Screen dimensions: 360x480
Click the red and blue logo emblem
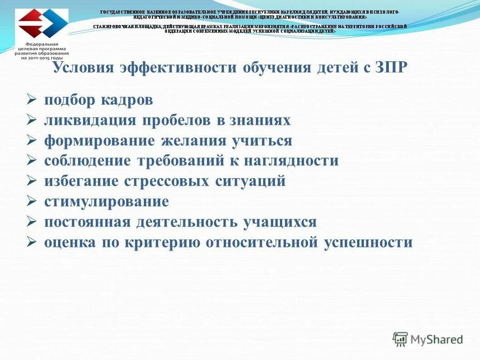[42, 25]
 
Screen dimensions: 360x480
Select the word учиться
[262, 141]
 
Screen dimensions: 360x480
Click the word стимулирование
[106, 201]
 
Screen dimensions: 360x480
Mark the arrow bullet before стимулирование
[31, 201]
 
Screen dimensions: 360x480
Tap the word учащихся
[279, 222]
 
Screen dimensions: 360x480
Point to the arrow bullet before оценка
[31, 242]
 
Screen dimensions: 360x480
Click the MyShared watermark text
[436, 339]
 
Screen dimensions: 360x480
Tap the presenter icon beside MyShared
[400, 339]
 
